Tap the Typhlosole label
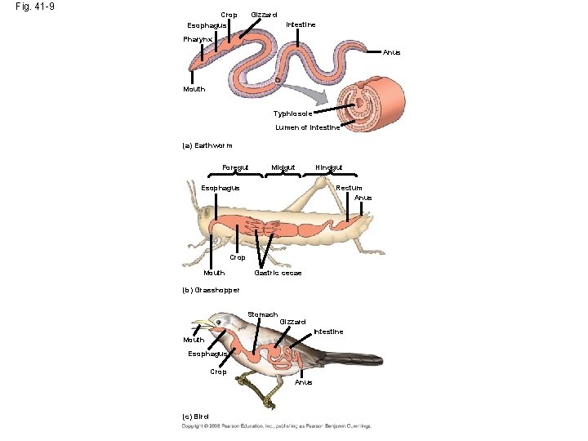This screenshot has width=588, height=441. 292,114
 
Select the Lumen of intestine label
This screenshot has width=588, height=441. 308,127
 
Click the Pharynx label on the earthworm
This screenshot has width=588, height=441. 198,39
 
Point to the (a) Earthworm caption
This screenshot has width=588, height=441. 207,145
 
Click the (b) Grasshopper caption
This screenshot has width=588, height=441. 211,290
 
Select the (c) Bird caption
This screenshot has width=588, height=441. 195,416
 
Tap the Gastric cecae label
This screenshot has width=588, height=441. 278,273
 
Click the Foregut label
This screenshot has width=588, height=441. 235,168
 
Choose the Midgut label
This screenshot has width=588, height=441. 283,168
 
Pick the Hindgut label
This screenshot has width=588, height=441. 328,168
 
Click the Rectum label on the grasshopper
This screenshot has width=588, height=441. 349,189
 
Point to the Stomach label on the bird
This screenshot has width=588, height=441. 262,314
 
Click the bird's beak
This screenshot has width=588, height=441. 209,324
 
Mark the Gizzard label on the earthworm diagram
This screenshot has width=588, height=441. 264,15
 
